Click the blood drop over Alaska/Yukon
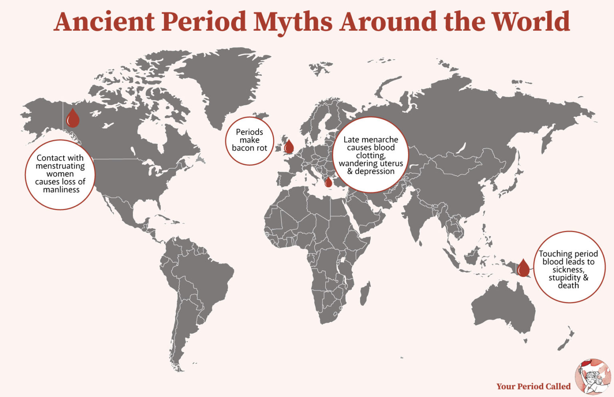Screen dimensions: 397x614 tap(73, 118)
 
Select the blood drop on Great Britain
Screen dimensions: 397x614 tap(289, 147)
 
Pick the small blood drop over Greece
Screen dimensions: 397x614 tap(328, 183)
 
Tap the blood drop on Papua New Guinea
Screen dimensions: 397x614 tap(523, 268)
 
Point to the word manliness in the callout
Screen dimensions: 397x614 tap(61, 190)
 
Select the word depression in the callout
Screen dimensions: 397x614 tap(375, 171)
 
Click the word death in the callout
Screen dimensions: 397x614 tap(568, 286)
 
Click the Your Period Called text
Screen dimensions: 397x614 tap(533, 386)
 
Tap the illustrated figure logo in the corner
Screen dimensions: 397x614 tap(592, 376)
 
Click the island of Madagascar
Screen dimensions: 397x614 tap(365, 294)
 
